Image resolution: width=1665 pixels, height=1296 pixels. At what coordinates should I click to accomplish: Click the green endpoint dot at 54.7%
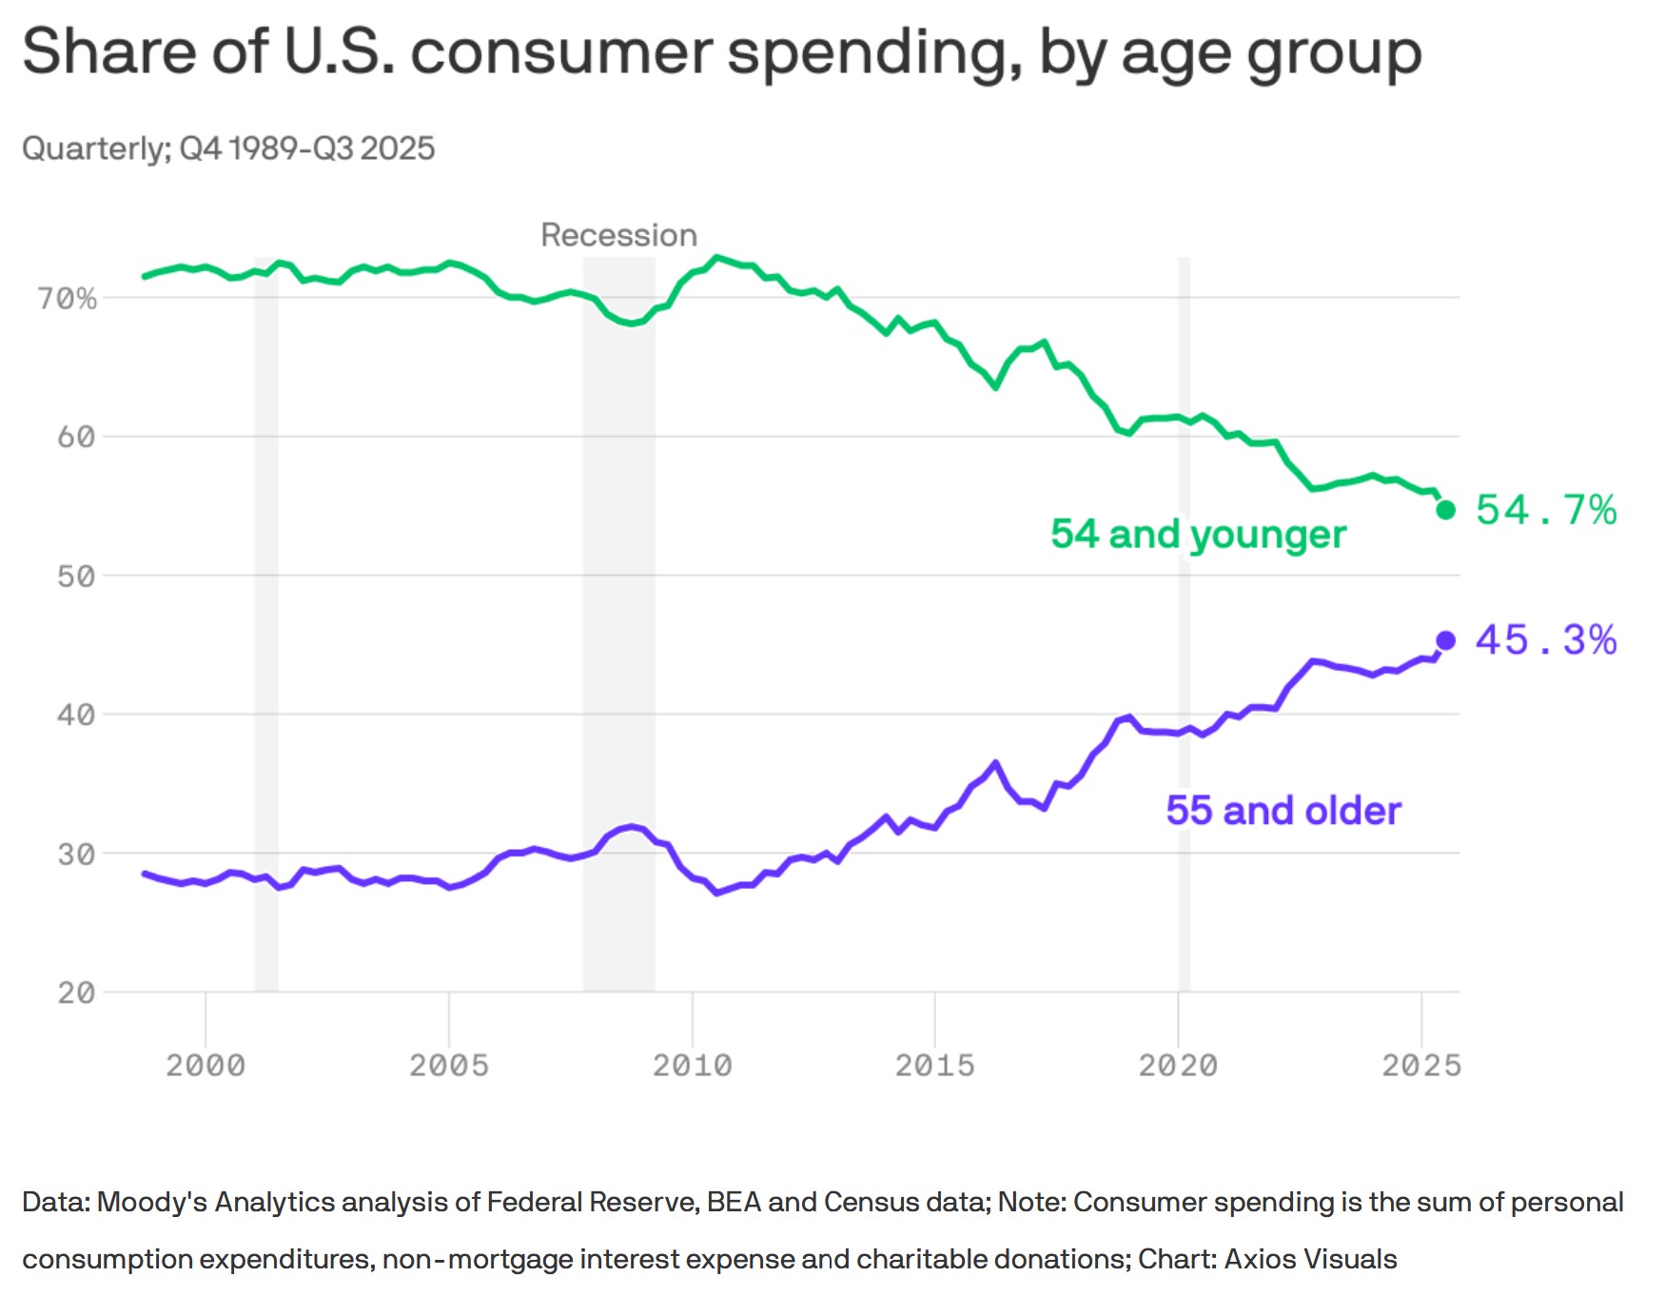(1445, 510)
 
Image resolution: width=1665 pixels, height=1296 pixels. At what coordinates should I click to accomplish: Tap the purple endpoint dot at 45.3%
(1445, 640)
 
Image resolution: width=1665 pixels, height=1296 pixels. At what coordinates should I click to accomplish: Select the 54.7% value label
(1546, 510)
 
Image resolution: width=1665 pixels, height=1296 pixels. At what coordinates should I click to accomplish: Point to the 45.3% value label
(1546, 640)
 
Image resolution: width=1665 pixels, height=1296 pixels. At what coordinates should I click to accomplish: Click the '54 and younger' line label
(1198, 534)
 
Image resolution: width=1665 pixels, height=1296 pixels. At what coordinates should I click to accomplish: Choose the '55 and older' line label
(1283, 811)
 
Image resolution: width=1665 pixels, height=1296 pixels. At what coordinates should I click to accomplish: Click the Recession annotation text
(618, 235)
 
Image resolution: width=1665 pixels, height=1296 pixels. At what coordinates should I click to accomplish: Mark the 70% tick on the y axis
(68, 300)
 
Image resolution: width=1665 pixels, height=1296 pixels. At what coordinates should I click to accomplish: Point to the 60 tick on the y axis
(76, 438)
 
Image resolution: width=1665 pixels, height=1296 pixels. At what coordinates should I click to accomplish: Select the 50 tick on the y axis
(76, 577)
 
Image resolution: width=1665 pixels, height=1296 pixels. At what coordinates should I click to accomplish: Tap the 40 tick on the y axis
(76, 716)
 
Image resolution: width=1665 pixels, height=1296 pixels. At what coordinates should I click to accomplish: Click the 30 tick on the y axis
(76, 854)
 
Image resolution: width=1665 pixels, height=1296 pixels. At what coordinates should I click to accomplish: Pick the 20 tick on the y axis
(76, 993)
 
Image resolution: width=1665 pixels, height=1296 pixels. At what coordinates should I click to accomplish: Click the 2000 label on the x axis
(206, 1065)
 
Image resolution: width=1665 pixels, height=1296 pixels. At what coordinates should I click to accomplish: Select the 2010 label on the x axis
(692, 1065)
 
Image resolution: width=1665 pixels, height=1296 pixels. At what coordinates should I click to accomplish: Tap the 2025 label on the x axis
(1421, 1065)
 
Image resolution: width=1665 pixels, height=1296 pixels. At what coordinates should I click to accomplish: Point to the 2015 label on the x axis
(935, 1065)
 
